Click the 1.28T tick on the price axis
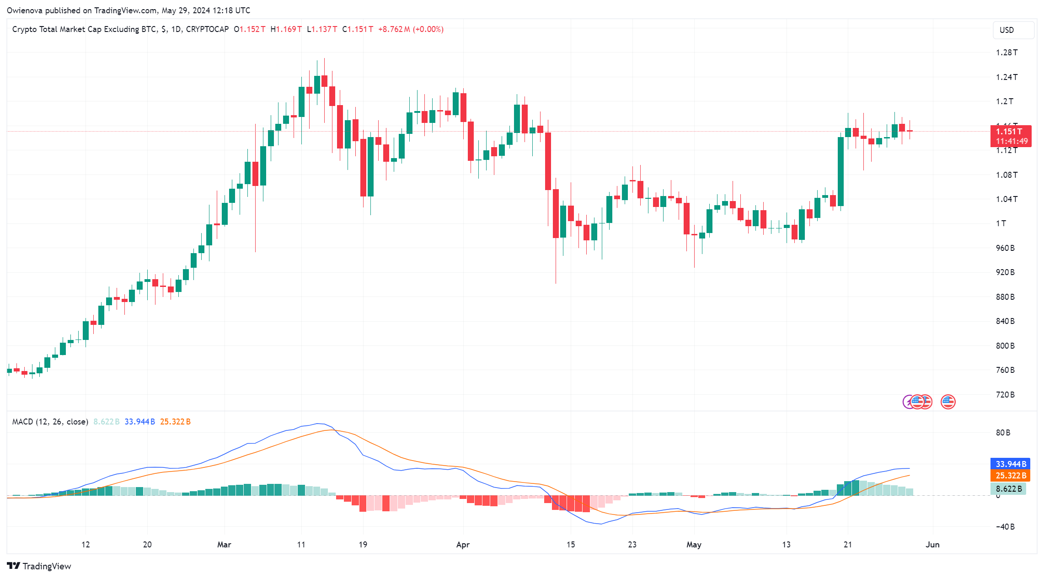coord(1007,53)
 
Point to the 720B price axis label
coord(1005,394)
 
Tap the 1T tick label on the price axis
coord(1001,223)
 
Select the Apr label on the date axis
coord(463,545)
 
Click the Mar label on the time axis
coord(224,545)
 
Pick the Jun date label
coord(932,545)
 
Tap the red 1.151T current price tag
coord(1011,136)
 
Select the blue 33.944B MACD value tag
coord(1011,464)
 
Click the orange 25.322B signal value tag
coord(1011,476)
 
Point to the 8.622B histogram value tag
coord(1009,489)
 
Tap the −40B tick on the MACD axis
coord(1005,527)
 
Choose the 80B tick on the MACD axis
coord(1003,433)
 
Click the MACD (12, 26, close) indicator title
coord(50,422)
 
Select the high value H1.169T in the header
coord(286,29)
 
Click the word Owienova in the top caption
coord(24,10)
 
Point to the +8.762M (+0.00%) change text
coord(411,29)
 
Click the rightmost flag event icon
coord(948,402)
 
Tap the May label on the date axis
coord(694,545)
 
